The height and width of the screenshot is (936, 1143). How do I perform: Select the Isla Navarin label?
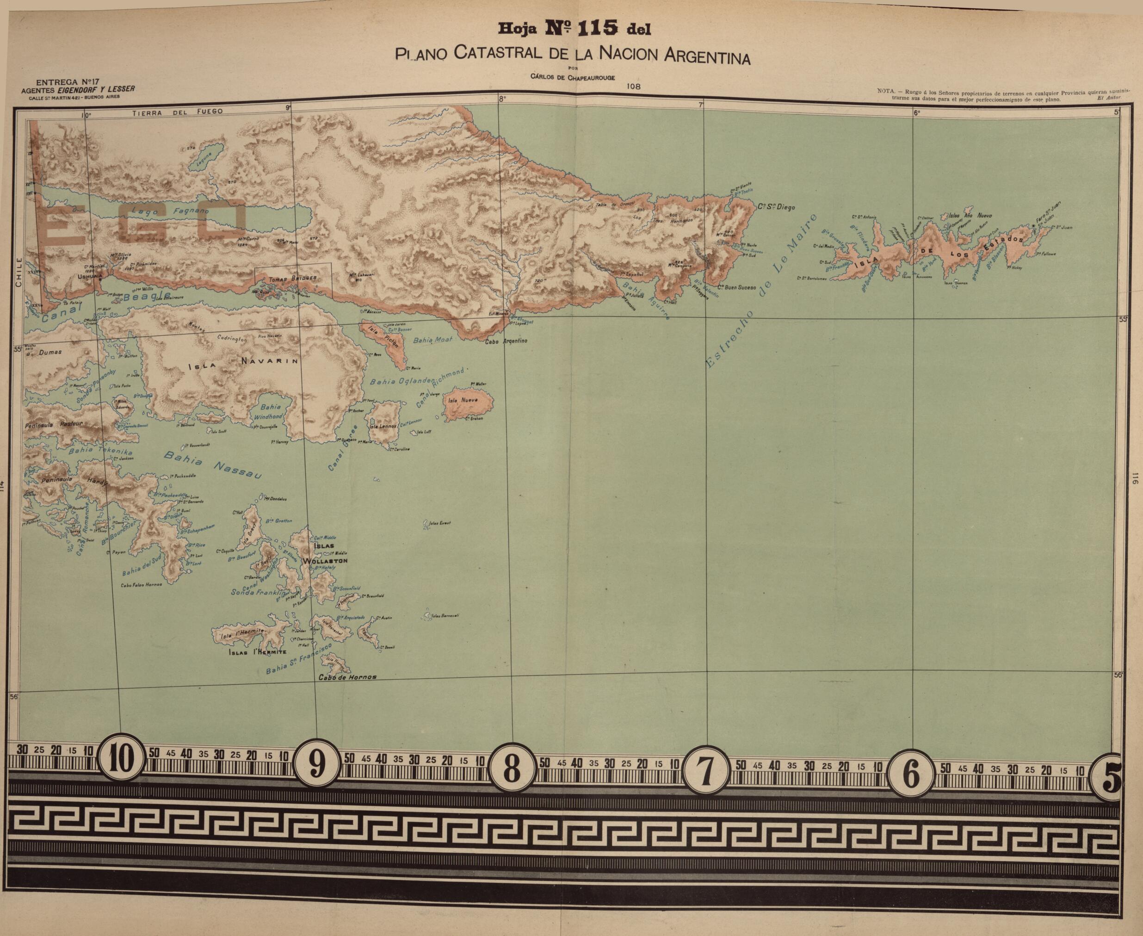[242, 363]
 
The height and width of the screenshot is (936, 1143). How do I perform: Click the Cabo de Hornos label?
[347, 678]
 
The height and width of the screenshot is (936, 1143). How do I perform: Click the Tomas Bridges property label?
[293, 279]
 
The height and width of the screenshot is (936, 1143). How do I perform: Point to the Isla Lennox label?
[383, 426]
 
